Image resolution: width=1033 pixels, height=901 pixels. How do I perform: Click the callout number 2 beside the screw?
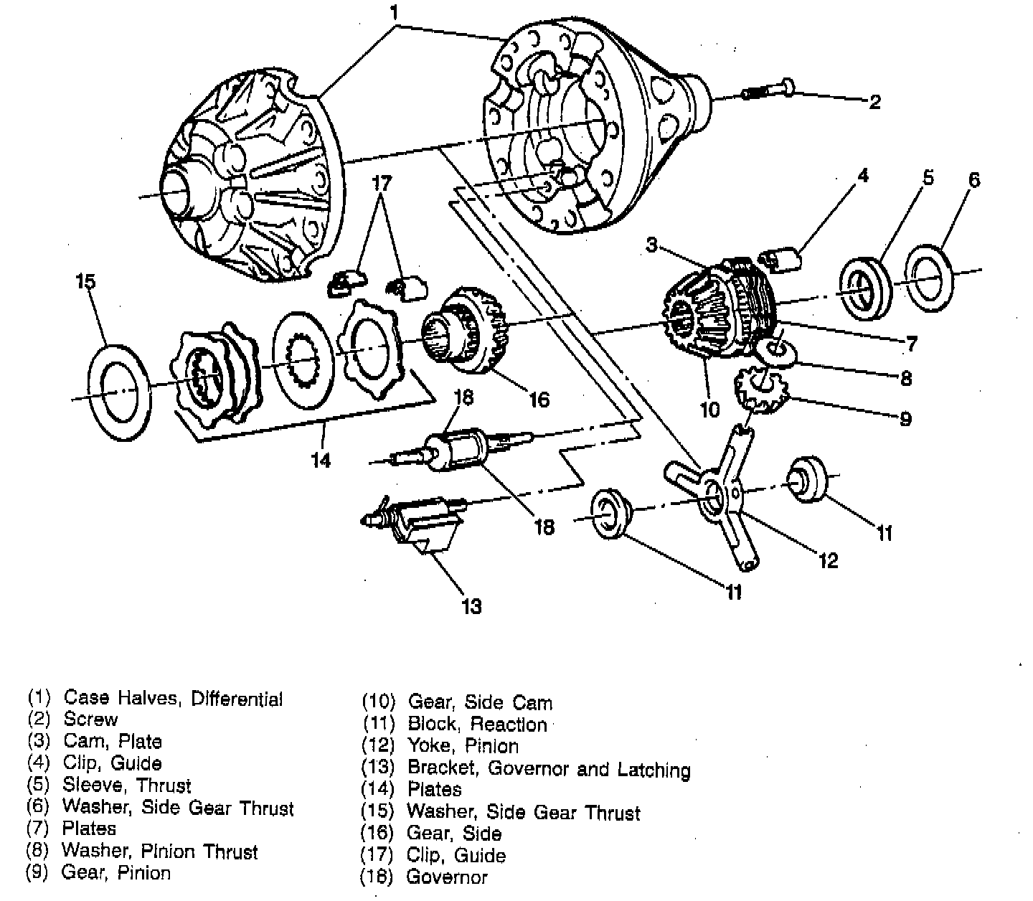point(874,102)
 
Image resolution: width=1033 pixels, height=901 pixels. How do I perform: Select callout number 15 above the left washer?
point(85,280)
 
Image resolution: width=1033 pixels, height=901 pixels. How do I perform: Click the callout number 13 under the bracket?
point(471,606)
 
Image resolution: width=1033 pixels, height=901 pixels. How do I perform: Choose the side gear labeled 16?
point(470,334)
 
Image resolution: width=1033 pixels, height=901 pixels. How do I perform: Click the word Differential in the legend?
point(237,698)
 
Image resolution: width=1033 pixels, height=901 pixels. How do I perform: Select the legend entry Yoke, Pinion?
point(463,745)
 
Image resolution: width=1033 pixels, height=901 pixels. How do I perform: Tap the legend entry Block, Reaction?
point(477,724)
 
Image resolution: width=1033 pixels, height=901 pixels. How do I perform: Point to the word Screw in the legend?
point(90,719)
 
